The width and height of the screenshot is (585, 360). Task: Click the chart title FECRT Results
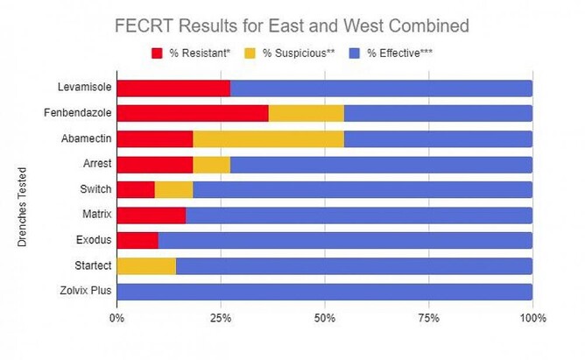pos(292,25)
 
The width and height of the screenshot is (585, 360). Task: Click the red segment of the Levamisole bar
pos(173,88)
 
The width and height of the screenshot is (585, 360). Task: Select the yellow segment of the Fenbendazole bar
pos(307,113)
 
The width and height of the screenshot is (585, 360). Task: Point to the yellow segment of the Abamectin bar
pos(268,138)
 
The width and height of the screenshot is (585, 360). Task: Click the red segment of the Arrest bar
pos(154,164)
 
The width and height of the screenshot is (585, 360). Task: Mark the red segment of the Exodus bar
pos(137,240)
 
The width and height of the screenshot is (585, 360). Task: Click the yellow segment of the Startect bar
pos(146,265)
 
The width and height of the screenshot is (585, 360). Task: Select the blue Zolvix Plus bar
pos(324,291)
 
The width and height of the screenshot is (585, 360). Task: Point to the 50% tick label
pos(324,317)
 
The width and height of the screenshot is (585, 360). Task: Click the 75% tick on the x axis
pos(428,317)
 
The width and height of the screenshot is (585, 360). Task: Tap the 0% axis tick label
pos(116,317)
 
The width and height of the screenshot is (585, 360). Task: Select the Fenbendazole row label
pos(78,113)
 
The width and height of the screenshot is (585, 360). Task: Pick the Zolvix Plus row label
pos(83,291)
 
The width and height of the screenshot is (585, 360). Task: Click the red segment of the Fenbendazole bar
pos(192,113)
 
